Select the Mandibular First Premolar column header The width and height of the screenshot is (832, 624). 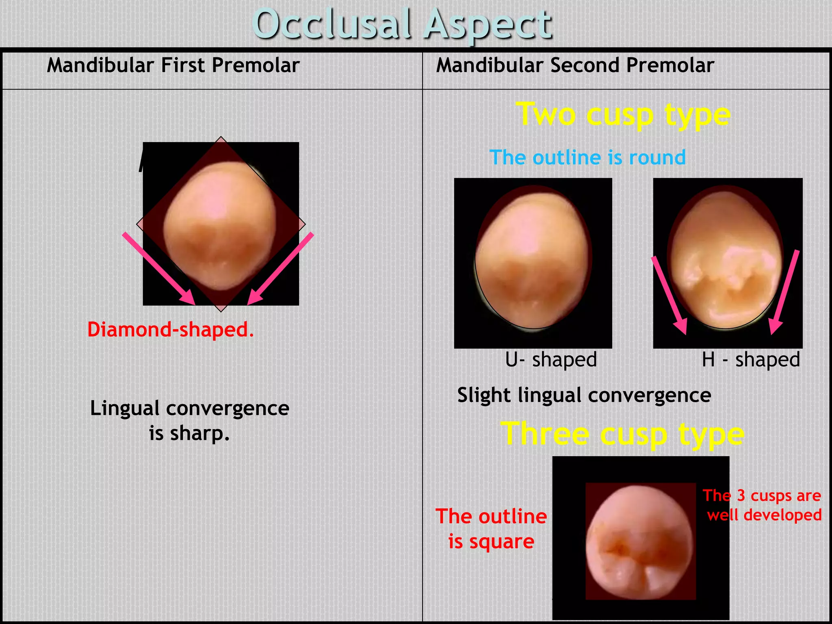coord(173,65)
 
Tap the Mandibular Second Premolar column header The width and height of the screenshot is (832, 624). coord(575,65)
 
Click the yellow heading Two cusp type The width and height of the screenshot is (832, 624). coord(623,115)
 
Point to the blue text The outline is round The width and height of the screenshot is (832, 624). coord(587,158)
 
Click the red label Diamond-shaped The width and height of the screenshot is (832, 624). coord(171,329)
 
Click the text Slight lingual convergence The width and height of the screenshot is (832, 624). coord(584,395)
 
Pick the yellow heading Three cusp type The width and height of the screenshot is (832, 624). coord(622,434)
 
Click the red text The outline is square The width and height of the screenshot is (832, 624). coord(491,529)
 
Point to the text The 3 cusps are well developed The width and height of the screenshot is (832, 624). coord(763,505)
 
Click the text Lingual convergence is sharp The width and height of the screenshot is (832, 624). coord(189,420)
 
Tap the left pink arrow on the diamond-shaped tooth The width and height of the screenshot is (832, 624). coord(158,268)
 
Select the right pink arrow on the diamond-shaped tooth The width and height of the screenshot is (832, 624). coord(280,268)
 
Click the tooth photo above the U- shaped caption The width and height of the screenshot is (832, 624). coord(533,260)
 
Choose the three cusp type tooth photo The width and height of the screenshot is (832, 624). coord(640,540)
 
